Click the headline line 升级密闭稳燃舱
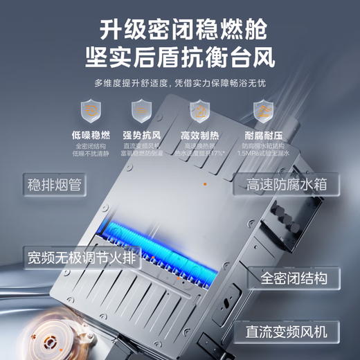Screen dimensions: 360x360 point(180,28)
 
